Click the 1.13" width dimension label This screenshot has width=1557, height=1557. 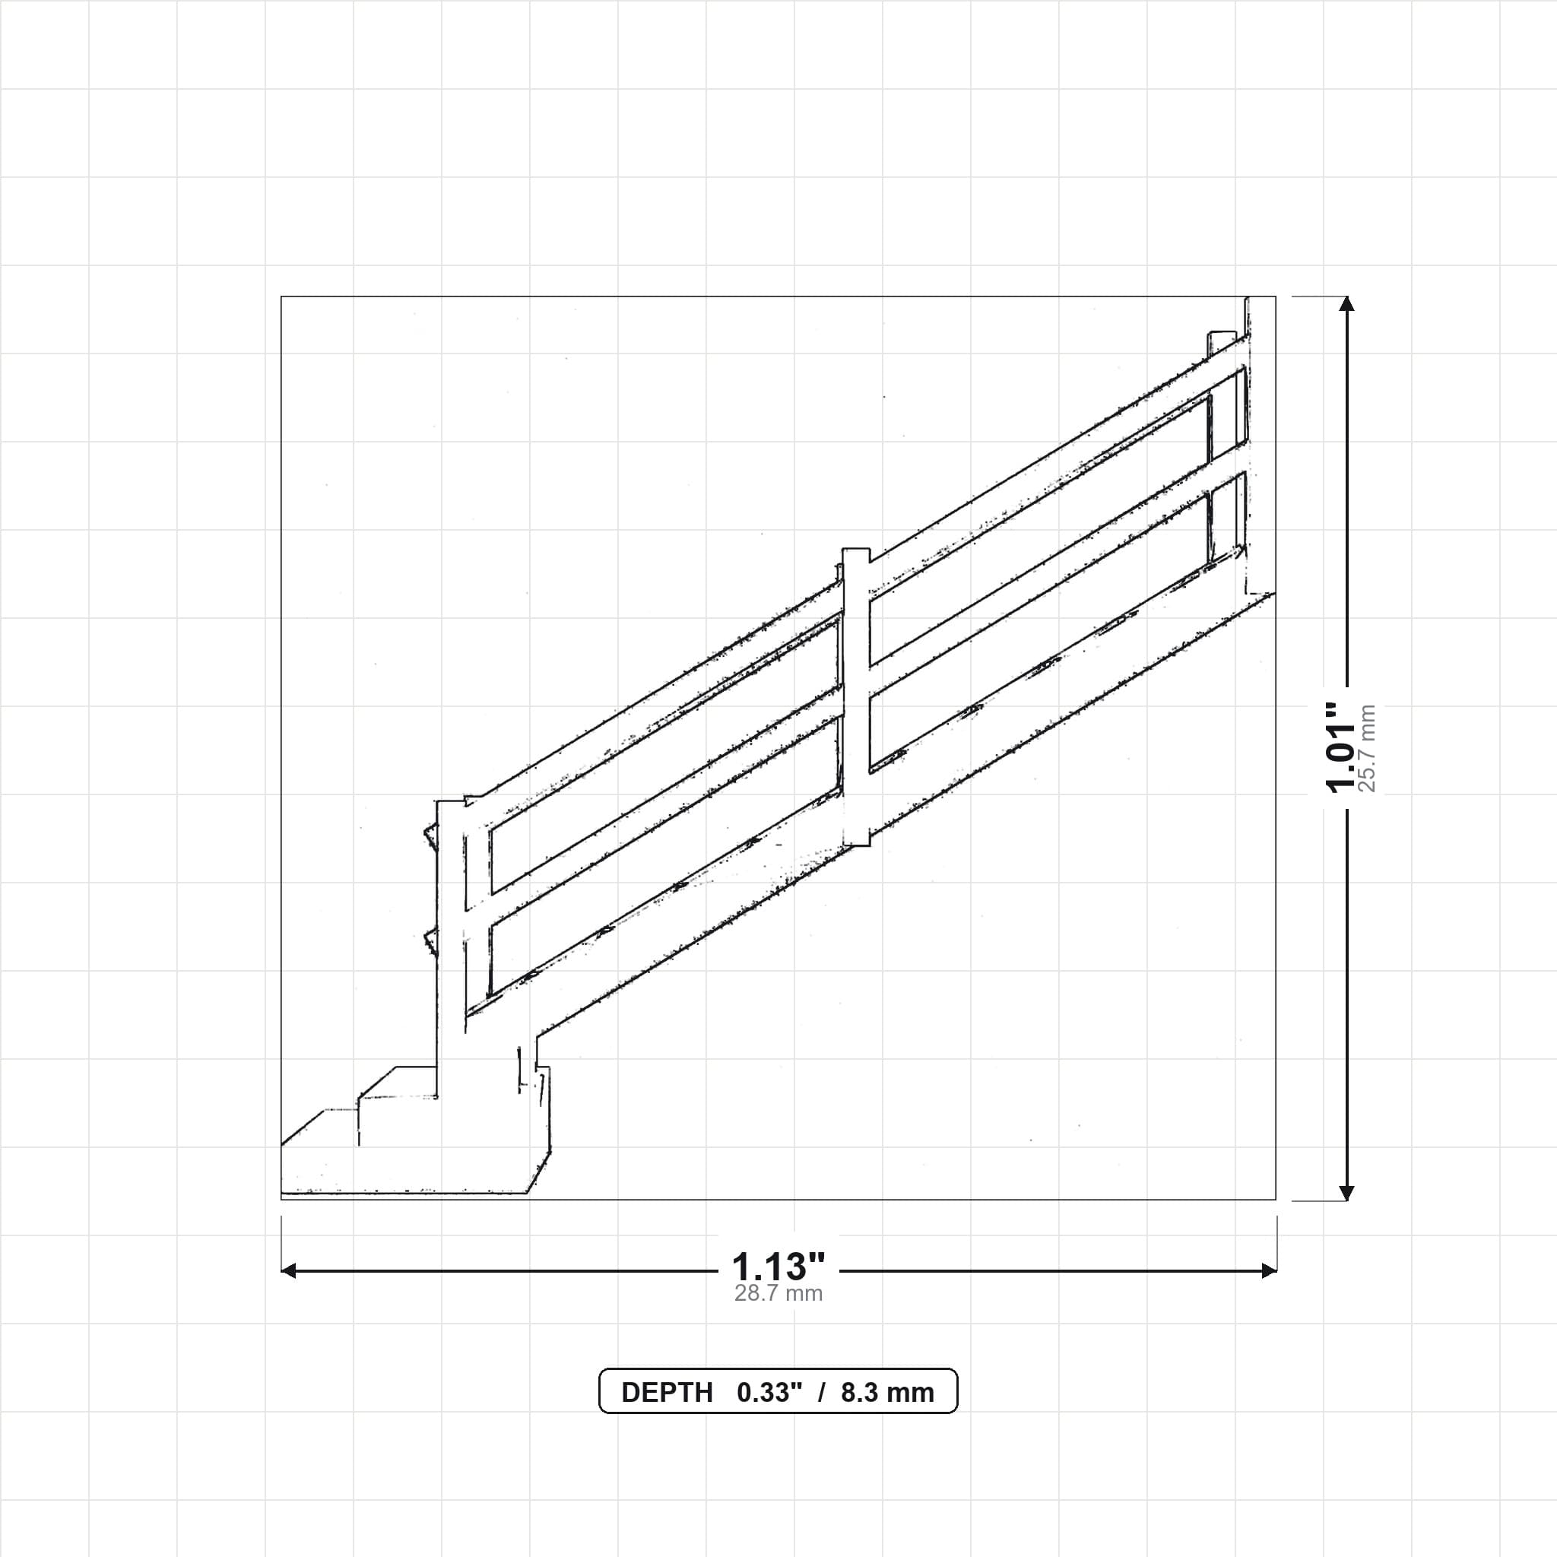click(x=778, y=1267)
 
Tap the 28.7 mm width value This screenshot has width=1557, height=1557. click(x=778, y=1294)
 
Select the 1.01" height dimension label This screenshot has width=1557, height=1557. click(x=1343, y=748)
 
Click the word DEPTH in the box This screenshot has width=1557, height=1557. click(x=668, y=1393)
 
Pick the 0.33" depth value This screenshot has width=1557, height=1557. click(x=769, y=1393)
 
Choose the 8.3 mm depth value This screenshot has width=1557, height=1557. click(x=887, y=1393)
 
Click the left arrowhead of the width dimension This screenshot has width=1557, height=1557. click(x=287, y=1271)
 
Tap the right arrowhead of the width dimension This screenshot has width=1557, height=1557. click(x=1270, y=1271)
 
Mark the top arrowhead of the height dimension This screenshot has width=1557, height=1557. click(x=1346, y=303)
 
